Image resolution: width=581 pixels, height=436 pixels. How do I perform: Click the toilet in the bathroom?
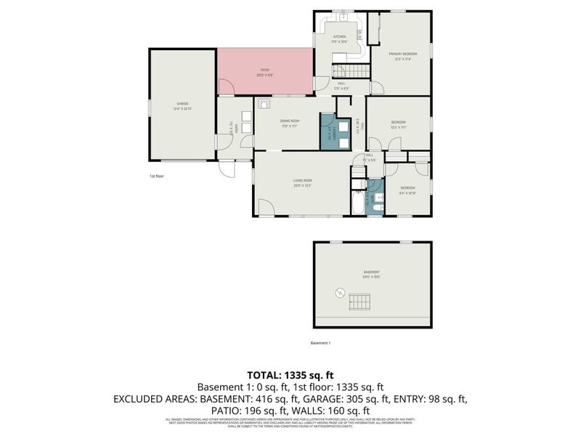(376, 209)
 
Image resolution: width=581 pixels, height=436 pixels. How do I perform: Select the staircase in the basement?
(360, 300)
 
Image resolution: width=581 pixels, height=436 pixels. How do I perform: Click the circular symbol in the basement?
(338, 293)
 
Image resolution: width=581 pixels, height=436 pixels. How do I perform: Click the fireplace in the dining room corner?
(261, 104)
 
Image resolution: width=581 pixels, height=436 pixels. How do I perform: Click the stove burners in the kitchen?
(359, 34)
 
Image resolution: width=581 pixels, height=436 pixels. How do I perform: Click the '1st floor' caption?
(157, 176)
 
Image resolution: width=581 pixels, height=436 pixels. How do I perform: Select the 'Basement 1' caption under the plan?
(320, 342)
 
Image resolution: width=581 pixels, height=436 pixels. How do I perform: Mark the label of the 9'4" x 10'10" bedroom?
(407, 192)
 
